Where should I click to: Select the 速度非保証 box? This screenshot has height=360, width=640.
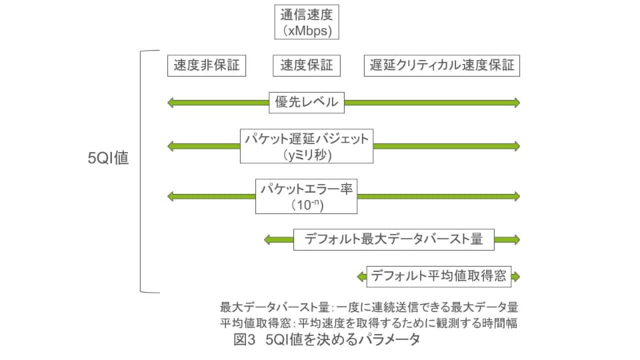(206, 65)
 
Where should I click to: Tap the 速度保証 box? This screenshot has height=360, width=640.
(307, 65)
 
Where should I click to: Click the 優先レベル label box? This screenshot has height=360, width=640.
(307, 102)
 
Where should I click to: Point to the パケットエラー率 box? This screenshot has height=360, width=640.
(307, 197)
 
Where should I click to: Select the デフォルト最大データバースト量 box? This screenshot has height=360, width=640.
(393, 239)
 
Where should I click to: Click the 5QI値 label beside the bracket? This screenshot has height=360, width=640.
(108, 159)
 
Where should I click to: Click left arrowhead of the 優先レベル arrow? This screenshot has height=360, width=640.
(171, 102)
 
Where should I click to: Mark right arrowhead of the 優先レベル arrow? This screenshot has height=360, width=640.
(515, 102)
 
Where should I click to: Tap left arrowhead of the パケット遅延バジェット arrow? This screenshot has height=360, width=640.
(171, 146)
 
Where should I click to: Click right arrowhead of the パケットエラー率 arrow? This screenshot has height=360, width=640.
(515, 197)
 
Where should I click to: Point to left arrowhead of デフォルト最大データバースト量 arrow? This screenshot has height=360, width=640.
(268, 239)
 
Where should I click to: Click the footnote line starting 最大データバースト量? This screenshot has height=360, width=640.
(369, 308)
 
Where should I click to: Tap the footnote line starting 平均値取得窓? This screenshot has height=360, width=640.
(369, 323)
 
